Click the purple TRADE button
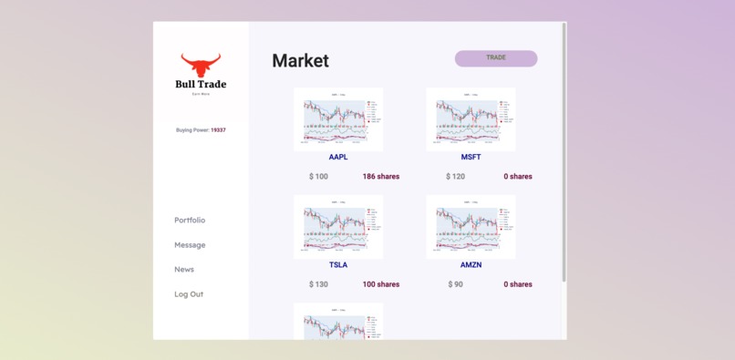[x=495, y=58]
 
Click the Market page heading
[x=300, y=61]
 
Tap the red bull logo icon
[x=201, y=66]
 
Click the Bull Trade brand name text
[x=201, y=85]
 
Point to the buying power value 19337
[x=218, y=130]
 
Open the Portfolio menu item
[x=190, y=221]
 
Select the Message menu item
[x=190, y=245]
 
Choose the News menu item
[x=184, y=270]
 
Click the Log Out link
[x=189, y=294]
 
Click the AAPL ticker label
[x=338, y=157]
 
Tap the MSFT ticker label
[x=471, y=157]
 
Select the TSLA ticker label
[x=338, y=265]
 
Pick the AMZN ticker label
[x=471, y=265]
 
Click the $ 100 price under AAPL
[x=318, y=177]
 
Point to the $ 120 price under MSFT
[x=455, y=177]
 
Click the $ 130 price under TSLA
[x=318, y=284]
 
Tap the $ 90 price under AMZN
[x=455, y=284]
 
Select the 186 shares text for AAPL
[x=380, y=177]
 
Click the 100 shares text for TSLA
[x=380, y=284]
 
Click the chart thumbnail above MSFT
[x=471, y=119]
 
